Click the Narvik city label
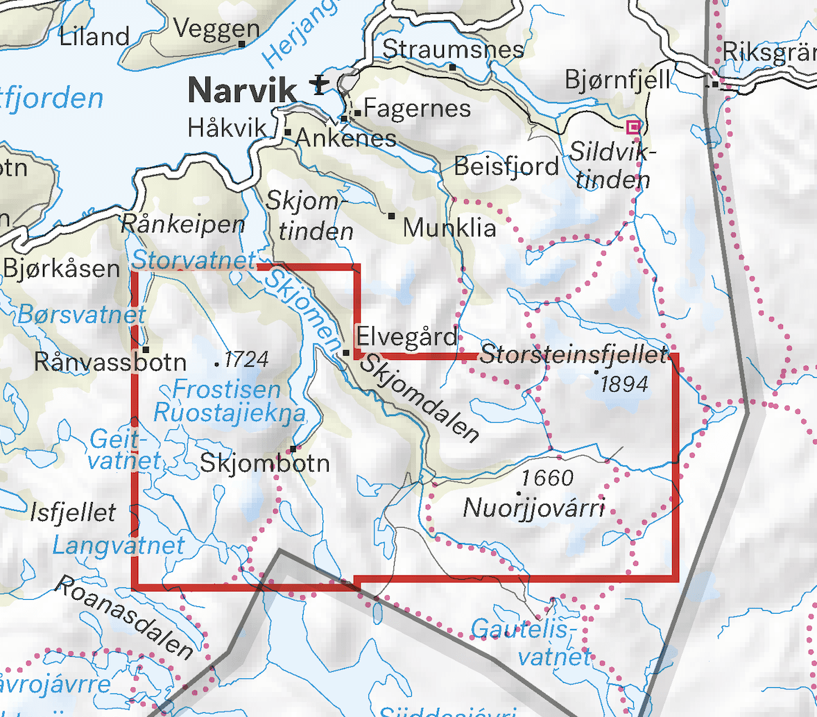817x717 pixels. pyautogui.click(x=242, y=89)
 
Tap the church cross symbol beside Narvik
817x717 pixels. pyautogui.click(x=318, y=85)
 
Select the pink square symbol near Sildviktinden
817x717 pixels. pyautogui.click(x=633, y=126)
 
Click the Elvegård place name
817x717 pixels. pyautogui.click(x=407, y=338)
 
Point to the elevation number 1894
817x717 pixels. pyautogui.click(x=624, y=383)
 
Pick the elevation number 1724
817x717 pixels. pyautogui.click(x=246, y=359)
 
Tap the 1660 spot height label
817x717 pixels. pyautogui.click(x=547, y=478)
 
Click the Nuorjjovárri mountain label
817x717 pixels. pyautogui.click(x=533, y=508)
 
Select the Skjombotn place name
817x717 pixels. pyautogui.click(x=264, y=463)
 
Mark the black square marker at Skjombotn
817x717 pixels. pyautogui.click(x=293, y=449)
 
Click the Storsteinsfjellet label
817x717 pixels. pyautogui.click(x=574, y=354)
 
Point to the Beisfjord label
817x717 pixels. pyautogui.click(x=506, y=166)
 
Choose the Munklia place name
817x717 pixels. pyautogui.click(x=449, y=227)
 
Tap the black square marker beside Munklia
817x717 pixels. pyautogui.click(x=391, y=216)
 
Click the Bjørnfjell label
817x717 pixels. pyautogui.click(x=618, y=79)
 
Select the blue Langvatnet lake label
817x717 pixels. pyautogui.click(x=119, y=545)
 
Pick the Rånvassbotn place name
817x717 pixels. pyautogui.click(x=110, y=361)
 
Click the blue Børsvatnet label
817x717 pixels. pyautogui.click(x=82, y=314)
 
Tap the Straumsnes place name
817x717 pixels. pyautogui.click(x=454, y=49)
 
